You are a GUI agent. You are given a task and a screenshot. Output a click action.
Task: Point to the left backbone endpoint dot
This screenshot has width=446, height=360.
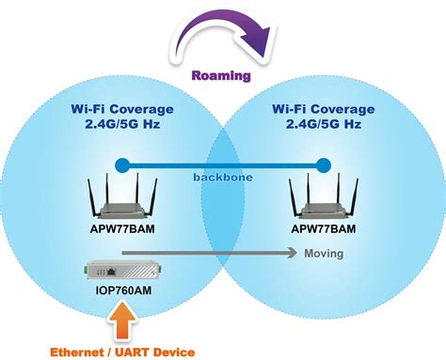120,165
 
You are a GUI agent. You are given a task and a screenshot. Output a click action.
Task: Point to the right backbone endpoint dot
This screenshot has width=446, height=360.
323,165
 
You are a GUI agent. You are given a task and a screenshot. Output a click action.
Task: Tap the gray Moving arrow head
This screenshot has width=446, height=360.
289,253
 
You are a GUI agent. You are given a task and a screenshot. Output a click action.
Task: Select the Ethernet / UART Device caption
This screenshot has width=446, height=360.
123,352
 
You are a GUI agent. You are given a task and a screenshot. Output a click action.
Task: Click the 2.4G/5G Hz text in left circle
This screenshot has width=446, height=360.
120,125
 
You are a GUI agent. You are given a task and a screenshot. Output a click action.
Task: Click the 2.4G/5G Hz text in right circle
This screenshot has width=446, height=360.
324,125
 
